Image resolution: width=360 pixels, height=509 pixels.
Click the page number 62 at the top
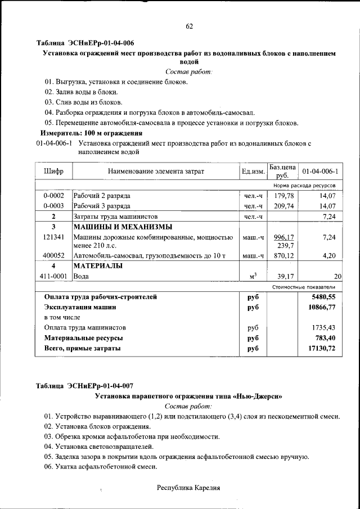click(189, 26)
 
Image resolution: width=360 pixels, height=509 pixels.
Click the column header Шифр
click(53, 171)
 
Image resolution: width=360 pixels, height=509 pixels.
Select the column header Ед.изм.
click(253, 171)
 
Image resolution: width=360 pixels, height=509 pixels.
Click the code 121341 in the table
click(53, 237)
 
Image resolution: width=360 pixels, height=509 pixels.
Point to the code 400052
click(53, 255)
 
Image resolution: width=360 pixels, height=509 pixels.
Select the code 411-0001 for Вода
click(53, 276)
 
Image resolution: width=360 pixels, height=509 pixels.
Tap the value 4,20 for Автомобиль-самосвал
click(328, 255)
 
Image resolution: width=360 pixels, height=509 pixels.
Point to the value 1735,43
click(323, 327)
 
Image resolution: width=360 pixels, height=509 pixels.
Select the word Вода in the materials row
click(82, 276)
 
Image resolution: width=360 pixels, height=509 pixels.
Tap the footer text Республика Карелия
click(188, 488)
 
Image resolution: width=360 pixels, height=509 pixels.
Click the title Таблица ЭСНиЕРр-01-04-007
click(85, 386)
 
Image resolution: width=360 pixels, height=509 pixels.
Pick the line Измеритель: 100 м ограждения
click(91, 133)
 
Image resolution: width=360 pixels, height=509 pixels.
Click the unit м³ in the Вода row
click(253, 276)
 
